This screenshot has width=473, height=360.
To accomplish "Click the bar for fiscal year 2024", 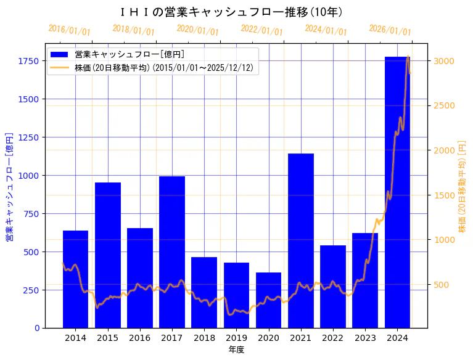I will pos(397,192).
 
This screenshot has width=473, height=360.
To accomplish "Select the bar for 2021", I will pos(301,240).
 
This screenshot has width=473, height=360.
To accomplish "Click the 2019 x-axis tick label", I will pos(236,338).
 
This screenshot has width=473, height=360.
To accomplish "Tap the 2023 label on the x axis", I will pos(365,338).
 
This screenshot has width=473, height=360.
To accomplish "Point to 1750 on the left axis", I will pos(28,61).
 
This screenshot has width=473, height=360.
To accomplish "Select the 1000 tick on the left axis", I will pos(28,176).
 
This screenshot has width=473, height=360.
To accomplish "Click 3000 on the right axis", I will pos(443,61).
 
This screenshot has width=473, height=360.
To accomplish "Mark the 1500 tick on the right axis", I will pos(443,195).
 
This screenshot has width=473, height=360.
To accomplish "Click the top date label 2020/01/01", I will pos(197,30).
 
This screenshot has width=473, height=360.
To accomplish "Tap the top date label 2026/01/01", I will pos(390,30).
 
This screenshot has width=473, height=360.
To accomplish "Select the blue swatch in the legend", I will pos(60,55).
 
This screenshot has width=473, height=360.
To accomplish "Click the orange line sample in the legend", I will pos(60,67).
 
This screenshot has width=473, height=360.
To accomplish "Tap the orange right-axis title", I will pos(463,186).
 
